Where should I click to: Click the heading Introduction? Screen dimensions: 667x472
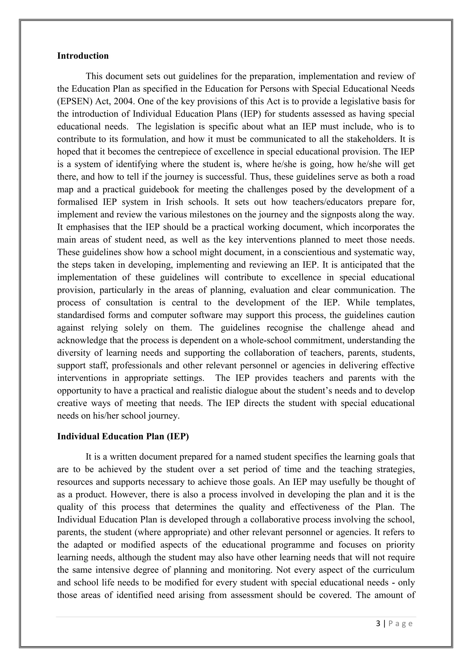point(83,56)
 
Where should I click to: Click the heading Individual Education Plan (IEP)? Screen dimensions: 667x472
point(123,436)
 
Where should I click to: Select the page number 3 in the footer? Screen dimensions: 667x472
point(378,624)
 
